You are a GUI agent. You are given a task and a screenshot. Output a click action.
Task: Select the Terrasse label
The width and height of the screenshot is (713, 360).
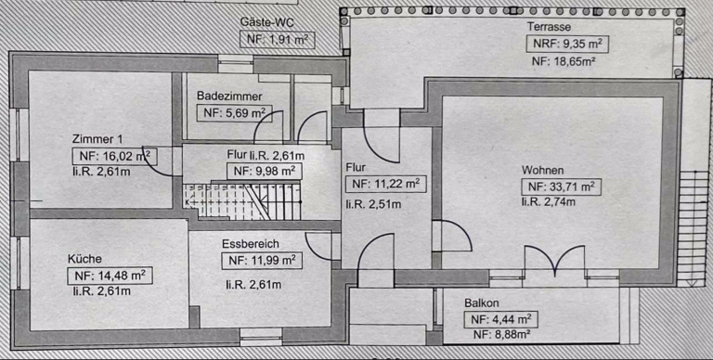(x=549, y=27)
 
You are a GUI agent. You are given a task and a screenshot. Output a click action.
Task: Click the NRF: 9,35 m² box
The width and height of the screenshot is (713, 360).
(x=567, y=45)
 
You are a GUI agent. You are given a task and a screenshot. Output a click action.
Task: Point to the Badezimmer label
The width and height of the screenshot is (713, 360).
(x=229, y=96)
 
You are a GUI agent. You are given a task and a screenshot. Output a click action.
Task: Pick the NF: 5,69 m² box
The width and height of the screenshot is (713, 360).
(x=234, y=113)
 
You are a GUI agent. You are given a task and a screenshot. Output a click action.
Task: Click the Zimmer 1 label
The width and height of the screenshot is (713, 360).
(x=97, y=139)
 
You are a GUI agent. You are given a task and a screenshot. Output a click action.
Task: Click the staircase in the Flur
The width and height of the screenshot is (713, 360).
(x=242, y=200)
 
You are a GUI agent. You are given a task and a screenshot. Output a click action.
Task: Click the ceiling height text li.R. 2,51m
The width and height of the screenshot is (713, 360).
(x=373, y=204)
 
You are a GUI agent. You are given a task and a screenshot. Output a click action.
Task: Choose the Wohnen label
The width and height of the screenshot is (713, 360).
(x=542, y=171)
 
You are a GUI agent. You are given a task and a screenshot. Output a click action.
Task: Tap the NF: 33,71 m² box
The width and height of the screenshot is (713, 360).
(x=561, y=186)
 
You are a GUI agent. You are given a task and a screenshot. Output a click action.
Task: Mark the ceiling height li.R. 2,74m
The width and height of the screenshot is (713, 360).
(x=548, y=201)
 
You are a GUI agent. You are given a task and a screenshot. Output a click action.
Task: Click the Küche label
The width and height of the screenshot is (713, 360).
(x=84, y=259)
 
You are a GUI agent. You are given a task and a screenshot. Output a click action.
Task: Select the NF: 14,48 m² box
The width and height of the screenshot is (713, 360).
(x=110, y=276)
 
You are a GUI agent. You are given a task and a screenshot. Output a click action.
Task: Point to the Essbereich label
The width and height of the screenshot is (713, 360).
(x=251, y=244)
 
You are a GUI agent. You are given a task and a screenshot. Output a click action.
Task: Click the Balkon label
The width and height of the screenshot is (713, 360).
(x=482, y=303)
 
